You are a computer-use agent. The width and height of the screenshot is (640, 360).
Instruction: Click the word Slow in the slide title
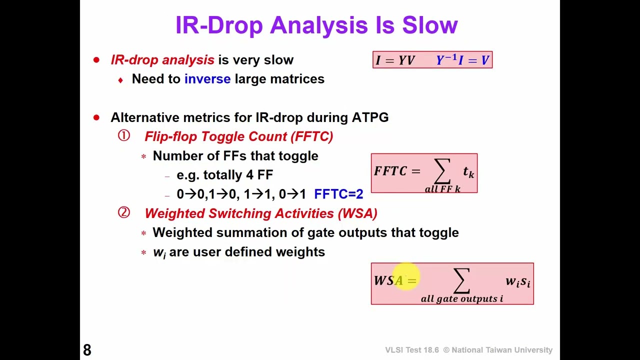coord(430,25)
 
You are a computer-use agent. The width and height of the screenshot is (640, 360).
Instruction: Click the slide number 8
coord(87,350)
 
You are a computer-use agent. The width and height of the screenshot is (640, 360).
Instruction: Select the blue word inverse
coord(207,79)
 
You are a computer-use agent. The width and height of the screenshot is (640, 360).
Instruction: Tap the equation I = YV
coord(395,60)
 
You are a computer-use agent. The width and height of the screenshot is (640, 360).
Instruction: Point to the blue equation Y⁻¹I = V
coord(462,60)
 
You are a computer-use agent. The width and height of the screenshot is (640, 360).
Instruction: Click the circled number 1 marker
coord(124,136)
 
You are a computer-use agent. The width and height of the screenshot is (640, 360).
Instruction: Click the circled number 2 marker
coord(124,213)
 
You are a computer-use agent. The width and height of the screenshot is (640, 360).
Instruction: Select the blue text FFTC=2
coord(338,194)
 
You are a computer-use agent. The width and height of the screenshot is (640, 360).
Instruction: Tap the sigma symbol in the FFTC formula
coord(442,171)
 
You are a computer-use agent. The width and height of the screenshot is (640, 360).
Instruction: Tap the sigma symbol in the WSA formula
coord(461,281)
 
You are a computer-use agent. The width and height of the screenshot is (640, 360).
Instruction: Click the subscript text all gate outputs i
coord(461,299)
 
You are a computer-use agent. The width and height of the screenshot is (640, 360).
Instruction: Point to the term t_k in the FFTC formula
coord(468,172)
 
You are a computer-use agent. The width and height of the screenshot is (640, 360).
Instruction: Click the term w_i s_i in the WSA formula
coord(517,281)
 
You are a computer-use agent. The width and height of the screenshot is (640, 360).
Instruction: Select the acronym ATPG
coord(370,117)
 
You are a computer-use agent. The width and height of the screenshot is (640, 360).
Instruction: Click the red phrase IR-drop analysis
coord(162,60)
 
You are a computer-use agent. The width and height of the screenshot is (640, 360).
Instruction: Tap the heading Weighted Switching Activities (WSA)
coord(260,213)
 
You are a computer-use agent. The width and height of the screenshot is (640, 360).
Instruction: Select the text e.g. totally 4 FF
coord(224,175)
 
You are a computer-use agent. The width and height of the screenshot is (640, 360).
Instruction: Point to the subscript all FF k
coord(442,189)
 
